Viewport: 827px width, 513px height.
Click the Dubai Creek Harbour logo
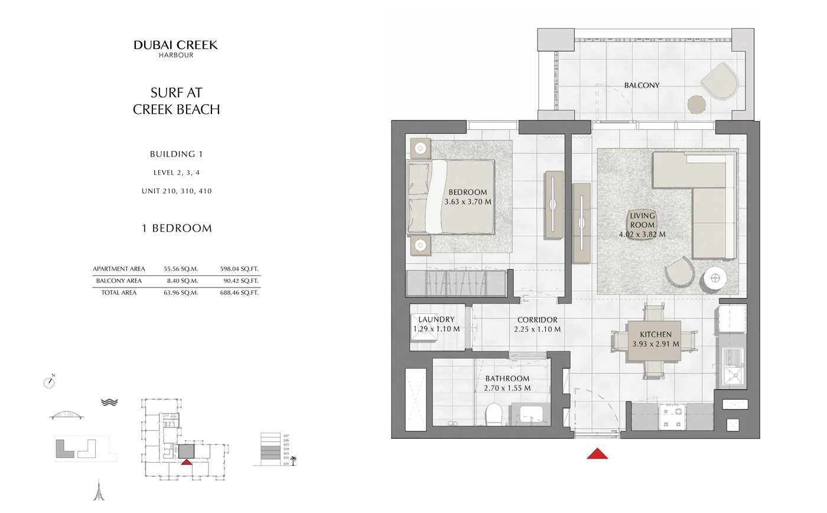pos(175,48)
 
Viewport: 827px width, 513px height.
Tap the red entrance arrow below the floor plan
pos(597,453)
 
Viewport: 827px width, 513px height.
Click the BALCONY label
pos(642,86)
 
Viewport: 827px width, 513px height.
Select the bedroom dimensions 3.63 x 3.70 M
pos(468,202)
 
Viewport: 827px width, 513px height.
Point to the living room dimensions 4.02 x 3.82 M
pos(642,234)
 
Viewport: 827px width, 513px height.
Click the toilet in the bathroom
pos(493,414)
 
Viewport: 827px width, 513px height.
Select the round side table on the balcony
pos(697,105)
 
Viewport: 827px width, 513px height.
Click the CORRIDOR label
pos(537,320)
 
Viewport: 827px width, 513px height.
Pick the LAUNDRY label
pos(436,319)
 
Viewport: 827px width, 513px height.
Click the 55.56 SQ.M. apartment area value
pos(181,269)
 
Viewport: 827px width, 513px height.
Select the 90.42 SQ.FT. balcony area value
pos(239,281)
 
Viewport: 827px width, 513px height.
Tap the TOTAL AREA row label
pos(119,293)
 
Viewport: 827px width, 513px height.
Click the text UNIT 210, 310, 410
pos(176,191)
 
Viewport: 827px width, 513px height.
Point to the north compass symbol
pos(49,383)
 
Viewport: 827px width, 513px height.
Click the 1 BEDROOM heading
pos(176,228)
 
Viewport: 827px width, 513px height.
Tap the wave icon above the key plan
pos(109,402)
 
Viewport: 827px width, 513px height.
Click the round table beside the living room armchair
pos(715,277)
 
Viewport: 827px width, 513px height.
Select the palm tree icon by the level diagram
pos(293,460)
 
